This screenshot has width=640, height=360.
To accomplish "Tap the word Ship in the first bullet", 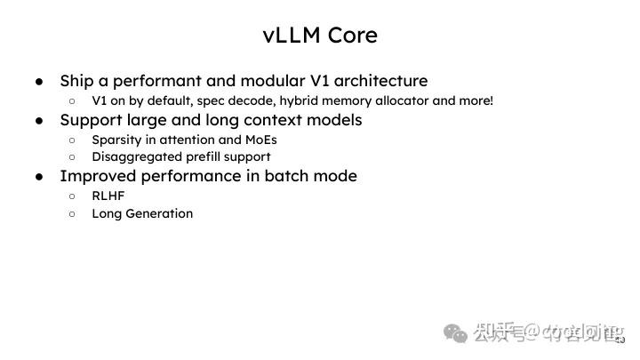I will click(76, 81).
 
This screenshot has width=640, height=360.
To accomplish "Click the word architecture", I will click(380, 81).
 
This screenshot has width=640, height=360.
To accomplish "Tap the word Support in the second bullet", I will click(90, 120).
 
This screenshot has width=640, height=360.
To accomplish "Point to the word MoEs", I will click(259, 140).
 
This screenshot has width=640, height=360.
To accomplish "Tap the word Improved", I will click(94, 176).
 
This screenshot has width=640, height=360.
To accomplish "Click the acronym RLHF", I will click(108, 196).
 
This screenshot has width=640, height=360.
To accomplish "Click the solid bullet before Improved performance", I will click(40, 176).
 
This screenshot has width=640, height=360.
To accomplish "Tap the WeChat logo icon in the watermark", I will click(456, 333).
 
